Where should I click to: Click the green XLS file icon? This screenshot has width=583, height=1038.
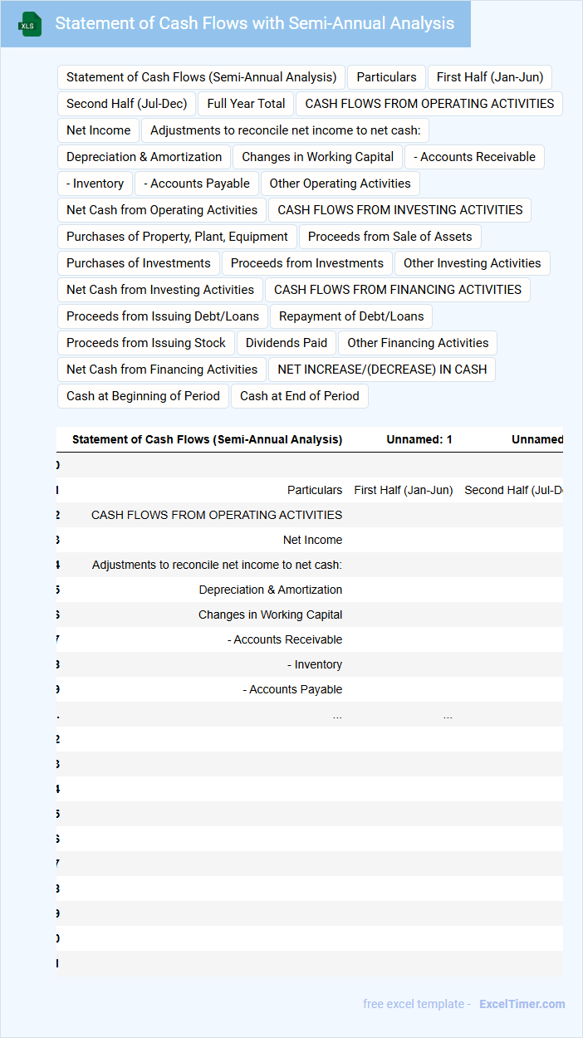[x=30, y=24]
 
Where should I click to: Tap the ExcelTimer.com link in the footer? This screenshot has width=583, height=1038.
[x=522, y=1004]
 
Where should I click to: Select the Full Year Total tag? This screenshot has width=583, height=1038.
[x=246, y=104]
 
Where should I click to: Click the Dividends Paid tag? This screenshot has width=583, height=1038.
[x=287, y=343]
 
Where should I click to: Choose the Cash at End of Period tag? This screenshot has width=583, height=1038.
[x=300, y=396]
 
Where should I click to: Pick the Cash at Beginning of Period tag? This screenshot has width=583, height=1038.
[x=143, y=396]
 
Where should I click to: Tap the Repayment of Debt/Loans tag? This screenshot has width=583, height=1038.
[x=351, y=316]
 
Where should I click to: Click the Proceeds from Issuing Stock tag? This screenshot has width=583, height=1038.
[x=146, y=343]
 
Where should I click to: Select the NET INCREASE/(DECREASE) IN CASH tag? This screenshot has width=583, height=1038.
[x=382, y=370]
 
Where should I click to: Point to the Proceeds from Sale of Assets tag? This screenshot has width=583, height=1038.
[x=389, y=237]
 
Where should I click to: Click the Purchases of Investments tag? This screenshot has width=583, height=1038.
[x=139, y=263]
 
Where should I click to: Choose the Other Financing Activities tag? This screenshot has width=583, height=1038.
[x=418, y=343]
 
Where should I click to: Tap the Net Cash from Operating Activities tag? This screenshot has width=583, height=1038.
[x=162, y=210]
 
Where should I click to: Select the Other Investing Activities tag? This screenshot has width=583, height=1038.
[x=472, y=263]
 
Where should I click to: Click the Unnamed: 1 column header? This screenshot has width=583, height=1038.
[x=419, y=439]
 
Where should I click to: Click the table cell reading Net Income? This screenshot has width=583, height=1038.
[x=312, y=540]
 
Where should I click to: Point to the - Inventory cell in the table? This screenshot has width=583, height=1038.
[x=318, y=664]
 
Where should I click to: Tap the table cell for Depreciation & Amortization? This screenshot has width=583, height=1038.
[x=270, y=590]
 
